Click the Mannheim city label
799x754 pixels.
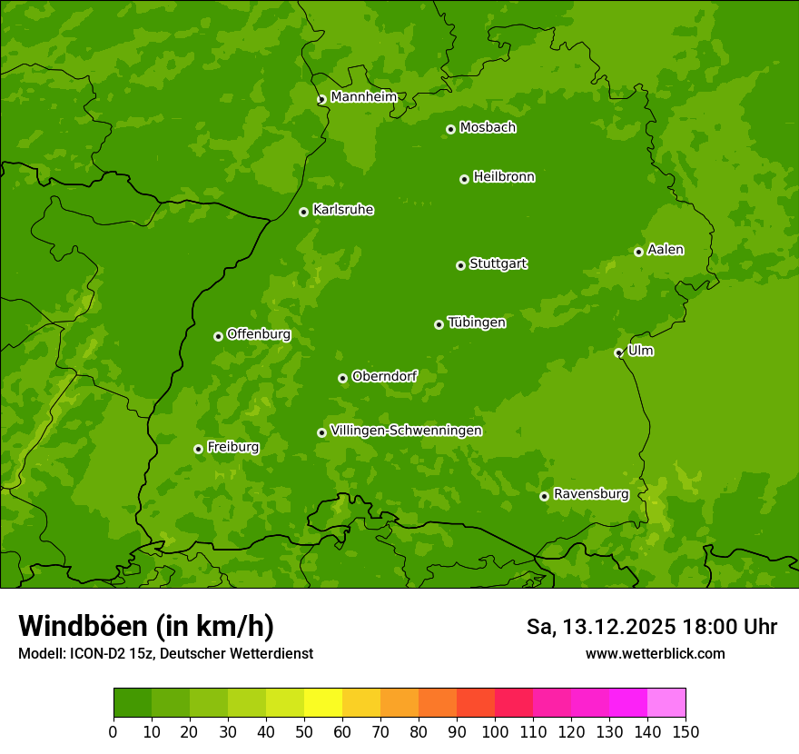363,97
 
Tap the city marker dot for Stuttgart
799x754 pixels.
460,265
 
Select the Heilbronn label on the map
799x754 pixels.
504,177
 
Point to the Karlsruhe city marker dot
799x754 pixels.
303,212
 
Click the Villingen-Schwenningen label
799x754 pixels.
406,431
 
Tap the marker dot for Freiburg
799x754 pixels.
198,449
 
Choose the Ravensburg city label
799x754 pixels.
591,494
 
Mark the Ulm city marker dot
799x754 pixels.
618,352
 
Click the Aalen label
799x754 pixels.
666,250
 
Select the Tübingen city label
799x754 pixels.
477,322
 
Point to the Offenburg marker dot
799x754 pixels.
218,336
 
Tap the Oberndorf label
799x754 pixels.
384,376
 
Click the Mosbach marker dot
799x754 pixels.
450,129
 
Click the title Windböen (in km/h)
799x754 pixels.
145,626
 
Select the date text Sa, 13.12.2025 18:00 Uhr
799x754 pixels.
651,627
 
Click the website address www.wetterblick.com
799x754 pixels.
655,653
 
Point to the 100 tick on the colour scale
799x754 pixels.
495,730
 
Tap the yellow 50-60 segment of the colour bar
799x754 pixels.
323,702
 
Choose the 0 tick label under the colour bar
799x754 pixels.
113,730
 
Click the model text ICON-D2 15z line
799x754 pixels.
165,653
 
